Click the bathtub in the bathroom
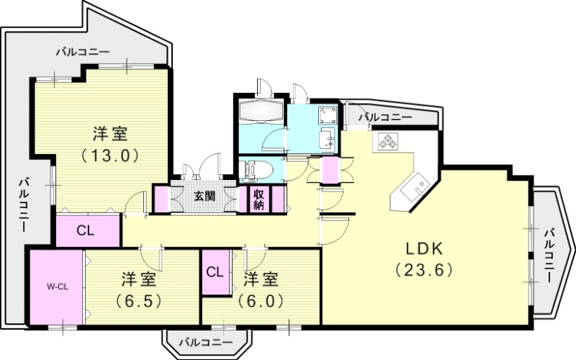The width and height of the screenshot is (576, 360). [261, 113]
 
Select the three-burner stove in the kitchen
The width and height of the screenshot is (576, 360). [387, 141]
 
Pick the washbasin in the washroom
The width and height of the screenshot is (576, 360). [326, 138]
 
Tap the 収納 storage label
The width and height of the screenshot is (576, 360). [258, 199]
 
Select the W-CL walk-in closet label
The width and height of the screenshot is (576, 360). [58, 287]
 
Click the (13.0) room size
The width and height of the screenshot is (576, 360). [109, 154]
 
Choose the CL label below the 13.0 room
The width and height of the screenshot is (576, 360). [85, 231]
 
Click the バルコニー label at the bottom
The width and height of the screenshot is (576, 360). [200, 342]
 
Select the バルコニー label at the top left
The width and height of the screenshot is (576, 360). [83, 53]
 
